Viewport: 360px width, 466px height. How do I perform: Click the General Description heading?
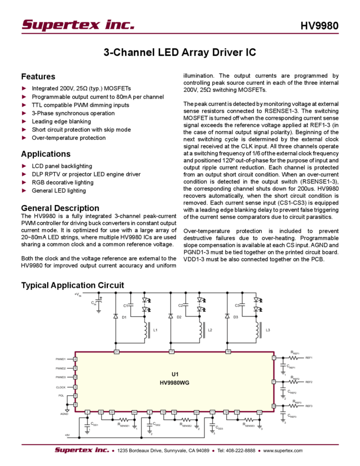[60, 208]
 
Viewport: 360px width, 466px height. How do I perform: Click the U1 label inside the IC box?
[175, 374]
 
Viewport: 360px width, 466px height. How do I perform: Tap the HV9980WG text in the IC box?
[175, 383]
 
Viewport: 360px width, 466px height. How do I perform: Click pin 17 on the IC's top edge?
[171, 350]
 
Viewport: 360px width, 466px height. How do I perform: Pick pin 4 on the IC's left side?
[75, 359]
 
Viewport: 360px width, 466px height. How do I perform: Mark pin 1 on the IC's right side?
[275, 357]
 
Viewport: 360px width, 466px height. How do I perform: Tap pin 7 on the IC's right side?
[275, 382]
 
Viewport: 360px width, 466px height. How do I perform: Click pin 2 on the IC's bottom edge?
[87, 412]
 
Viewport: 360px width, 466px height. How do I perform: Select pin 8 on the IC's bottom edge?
[150, 412]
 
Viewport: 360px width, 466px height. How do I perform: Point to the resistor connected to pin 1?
[295, 357]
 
